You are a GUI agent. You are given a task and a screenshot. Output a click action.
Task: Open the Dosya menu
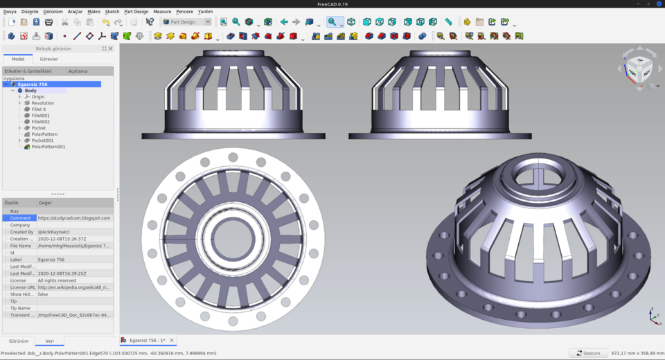pos(10,12)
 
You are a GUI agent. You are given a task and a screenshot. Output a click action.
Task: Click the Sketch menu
pos(112,12)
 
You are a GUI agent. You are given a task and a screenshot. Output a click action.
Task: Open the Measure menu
pos(161,12)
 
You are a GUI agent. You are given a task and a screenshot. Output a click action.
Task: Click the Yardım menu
pos(205,12)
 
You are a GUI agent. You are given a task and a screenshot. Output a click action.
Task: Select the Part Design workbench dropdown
pos(186,22)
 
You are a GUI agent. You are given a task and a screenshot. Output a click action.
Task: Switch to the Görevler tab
pos(48,59)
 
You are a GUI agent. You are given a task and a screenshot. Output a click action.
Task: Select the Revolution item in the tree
pos(42,103)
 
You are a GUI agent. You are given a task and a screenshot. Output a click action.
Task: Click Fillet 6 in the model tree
pos(39,109)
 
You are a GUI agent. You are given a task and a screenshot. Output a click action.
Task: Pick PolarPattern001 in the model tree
pos(48,147)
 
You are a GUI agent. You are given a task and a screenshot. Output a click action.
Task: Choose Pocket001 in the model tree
pos(42,141)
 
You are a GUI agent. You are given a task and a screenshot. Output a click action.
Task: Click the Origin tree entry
pos(37,97)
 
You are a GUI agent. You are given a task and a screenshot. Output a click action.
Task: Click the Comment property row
pos(20,218)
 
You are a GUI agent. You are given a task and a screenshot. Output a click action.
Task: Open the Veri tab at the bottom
pos(49,341)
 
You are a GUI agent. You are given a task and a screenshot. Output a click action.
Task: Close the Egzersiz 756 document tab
pos(172,341)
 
